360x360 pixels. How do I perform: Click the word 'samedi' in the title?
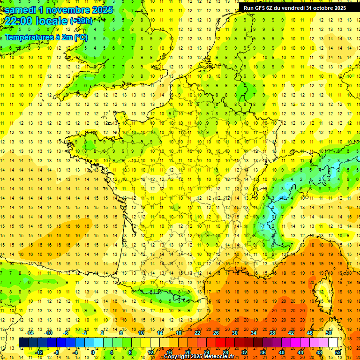point(22,9)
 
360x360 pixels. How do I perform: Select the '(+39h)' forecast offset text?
point(81,21)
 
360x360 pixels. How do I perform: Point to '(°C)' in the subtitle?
point(81,37)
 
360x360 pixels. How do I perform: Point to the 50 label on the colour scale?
point(328,333)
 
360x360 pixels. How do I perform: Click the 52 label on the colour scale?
point(338,352)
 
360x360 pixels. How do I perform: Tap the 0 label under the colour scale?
point(92,352)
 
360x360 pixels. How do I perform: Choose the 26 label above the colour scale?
point(216,333)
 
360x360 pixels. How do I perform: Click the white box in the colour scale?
point(333,343)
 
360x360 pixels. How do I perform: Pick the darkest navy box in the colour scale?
point(24,343)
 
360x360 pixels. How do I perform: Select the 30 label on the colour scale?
point(235,333)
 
